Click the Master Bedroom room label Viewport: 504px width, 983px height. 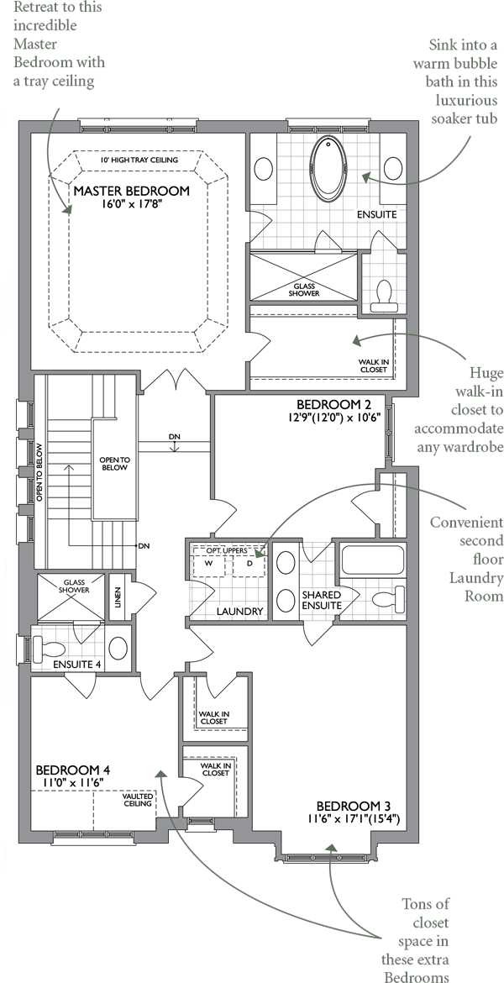(x=131, y=191)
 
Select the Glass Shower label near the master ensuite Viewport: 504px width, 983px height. (x=304, y=290)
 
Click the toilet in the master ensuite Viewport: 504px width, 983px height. (x=381, y=296)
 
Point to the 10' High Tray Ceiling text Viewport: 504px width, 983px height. (x=139, y=160)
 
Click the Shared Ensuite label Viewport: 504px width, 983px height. (x=322, y=600)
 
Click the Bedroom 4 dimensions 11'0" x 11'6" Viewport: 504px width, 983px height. (x=73, y=782)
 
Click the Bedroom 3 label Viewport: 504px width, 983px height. (x=354, y=807)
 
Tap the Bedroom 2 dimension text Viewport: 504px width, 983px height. (x=339, y=419)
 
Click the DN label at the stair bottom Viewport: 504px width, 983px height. (x=144, y=546)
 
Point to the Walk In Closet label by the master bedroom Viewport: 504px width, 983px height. (x=373, y=365)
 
